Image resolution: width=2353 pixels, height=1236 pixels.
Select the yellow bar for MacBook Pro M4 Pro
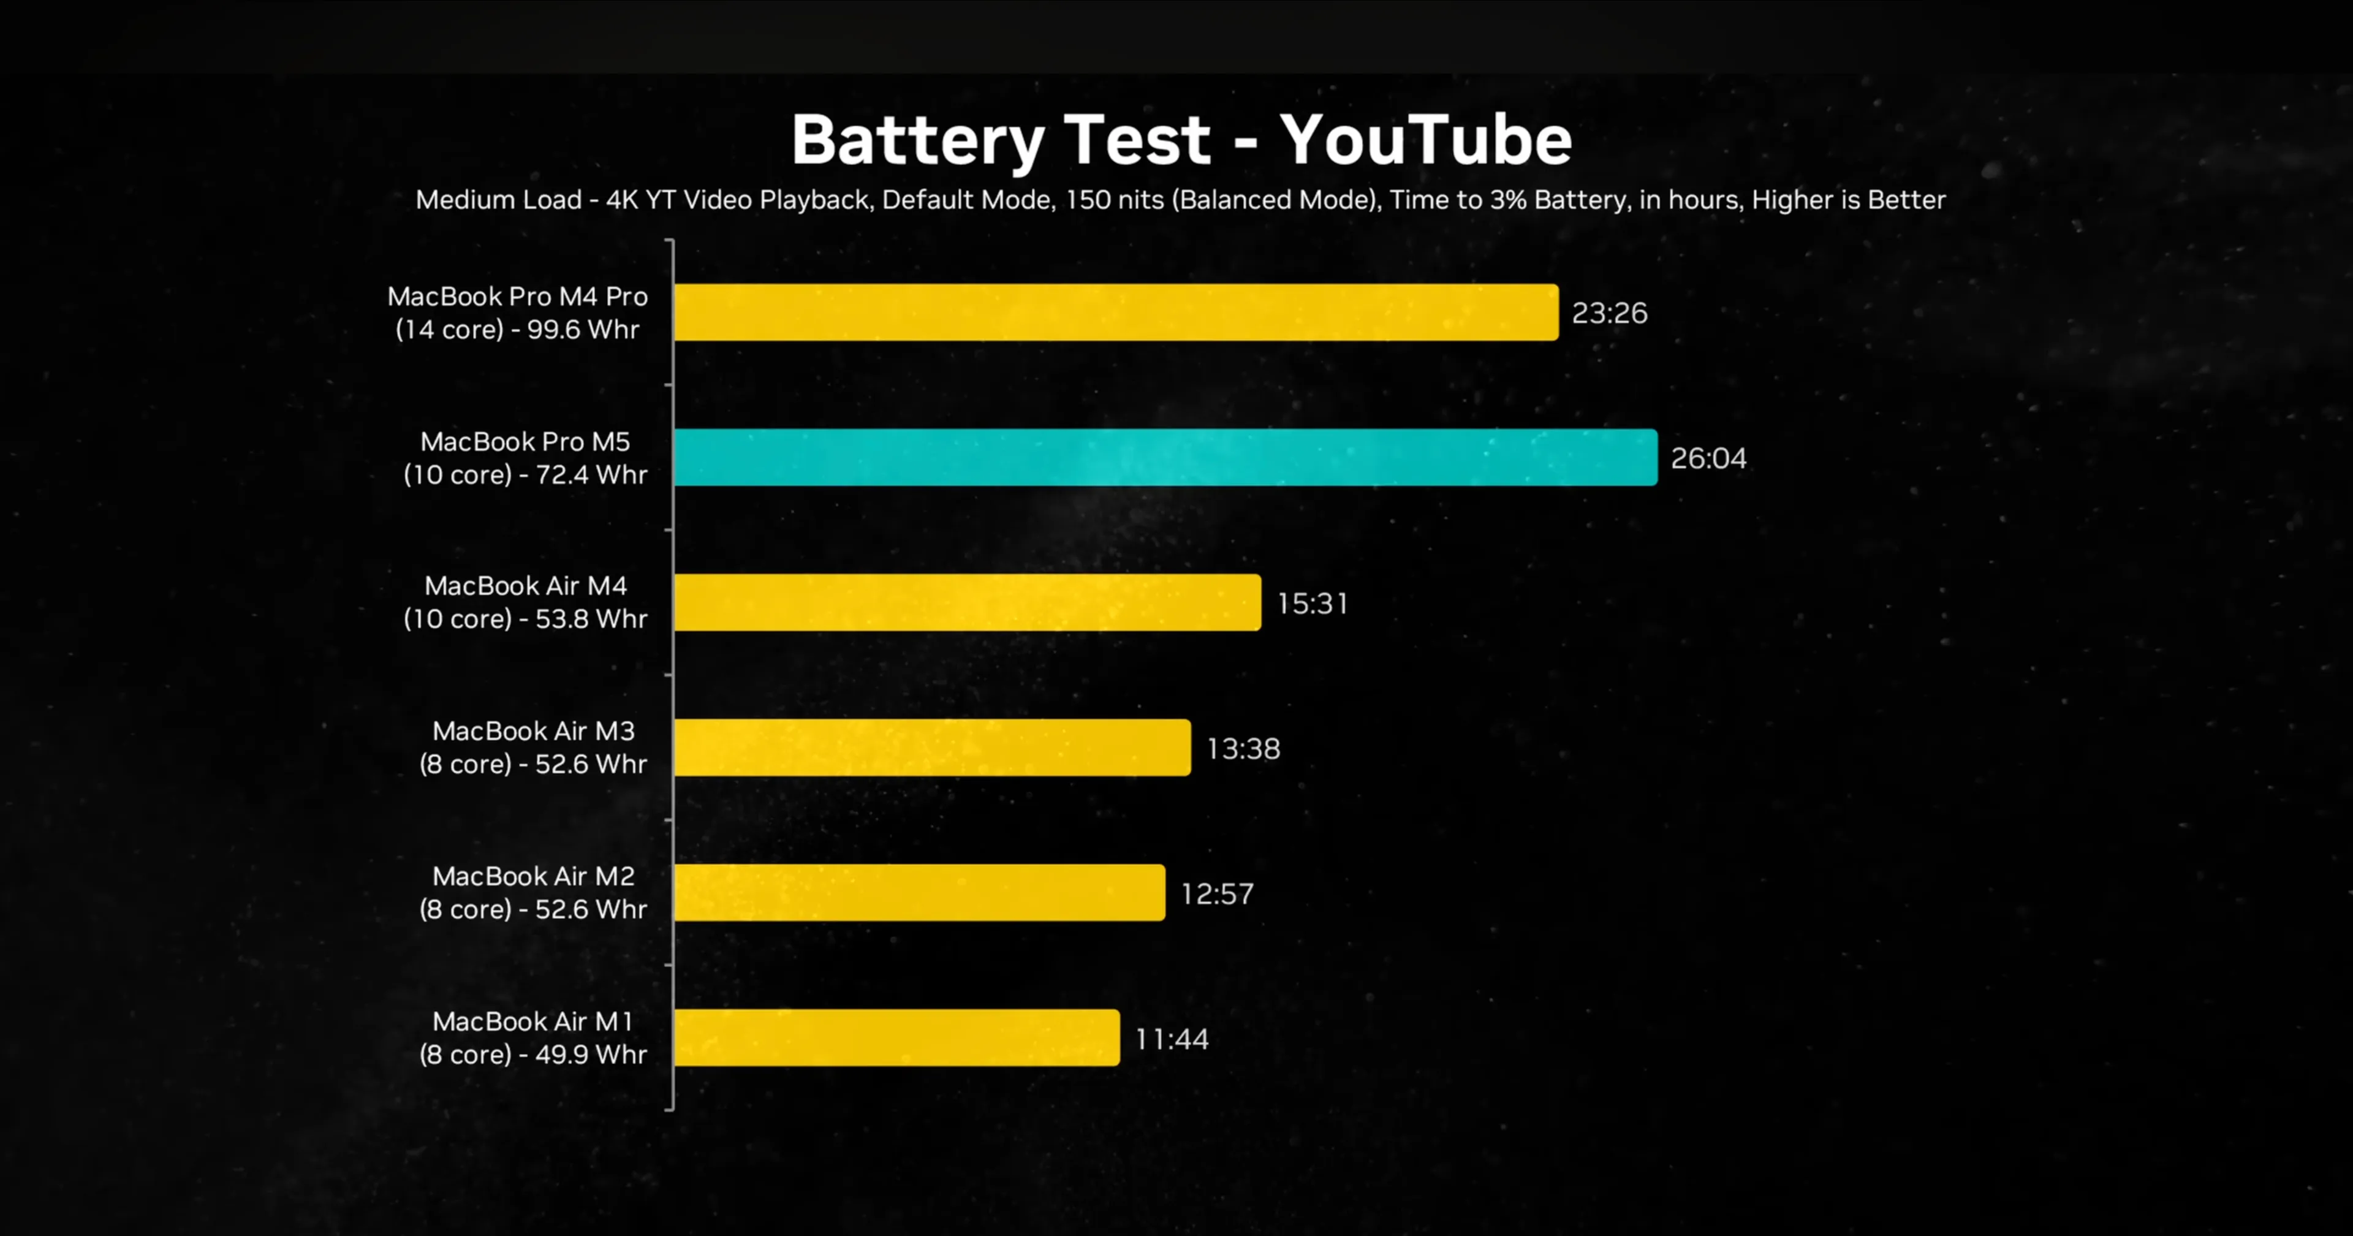click(x=1116, y=313)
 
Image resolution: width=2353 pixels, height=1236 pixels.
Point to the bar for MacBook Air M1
click(x=897, y=1038)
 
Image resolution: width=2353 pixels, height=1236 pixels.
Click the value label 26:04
click(x=1708, y=458)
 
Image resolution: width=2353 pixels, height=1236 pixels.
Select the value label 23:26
click(x=1610, y=313)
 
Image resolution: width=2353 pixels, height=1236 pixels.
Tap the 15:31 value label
click(x=1313, y=603)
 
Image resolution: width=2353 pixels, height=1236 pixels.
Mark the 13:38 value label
click(x=1243, y=748)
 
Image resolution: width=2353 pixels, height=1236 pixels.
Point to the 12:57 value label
click(x=1218, y=893)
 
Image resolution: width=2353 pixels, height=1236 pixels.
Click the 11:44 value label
click(x=1172, y=1039)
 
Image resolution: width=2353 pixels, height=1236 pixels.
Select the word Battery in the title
click(x=917, y=142)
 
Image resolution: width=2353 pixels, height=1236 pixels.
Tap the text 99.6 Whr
click(x=583, y=329)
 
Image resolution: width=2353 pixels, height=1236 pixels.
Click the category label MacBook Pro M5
click(x=525, y=441)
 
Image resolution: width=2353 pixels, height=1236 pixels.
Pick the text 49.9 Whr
click(x=591, y=1054)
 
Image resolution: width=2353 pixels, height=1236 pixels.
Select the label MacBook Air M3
click(x=534, y=731)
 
